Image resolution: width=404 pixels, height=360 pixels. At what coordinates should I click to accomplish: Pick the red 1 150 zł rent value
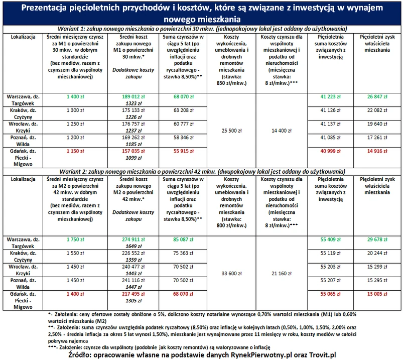coord(74,151)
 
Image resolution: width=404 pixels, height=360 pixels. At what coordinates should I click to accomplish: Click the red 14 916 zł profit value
coord(379,151)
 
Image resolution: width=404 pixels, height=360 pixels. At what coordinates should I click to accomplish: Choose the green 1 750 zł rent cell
coord(74,239)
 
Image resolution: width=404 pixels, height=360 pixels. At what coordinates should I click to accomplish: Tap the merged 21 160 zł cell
coord(281,274)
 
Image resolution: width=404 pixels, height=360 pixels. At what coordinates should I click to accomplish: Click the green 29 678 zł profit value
coord(379,239)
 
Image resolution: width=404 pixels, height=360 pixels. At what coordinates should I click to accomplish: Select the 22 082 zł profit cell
coord(379,109)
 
